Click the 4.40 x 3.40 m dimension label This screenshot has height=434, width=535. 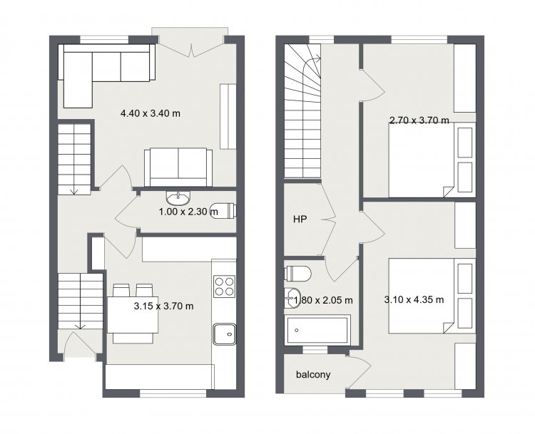(x=151, y=113)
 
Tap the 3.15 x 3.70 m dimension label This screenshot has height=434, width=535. (x=164, y=306)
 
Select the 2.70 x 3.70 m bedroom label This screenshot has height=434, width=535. (x=419, y=120)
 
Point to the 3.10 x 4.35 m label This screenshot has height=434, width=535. (x=414, y=300)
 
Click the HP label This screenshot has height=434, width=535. (x=300, y=219)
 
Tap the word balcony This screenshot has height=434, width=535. (x=313, y=375)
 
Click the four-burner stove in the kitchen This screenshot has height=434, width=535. (x=224, y=286)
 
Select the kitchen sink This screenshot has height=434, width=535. (x=225, y=334)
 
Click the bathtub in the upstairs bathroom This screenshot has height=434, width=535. (x=317, y=331)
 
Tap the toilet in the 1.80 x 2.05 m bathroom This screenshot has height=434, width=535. (x=297, y=274)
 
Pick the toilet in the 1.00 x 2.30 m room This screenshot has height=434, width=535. (x=224, y=210)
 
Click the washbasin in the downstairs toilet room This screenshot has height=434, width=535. (x=178, y=197)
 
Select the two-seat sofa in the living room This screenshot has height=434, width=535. (x=178, y=167)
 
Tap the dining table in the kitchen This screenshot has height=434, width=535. (x=133, y=314)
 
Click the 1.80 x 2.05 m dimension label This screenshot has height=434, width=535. (x=322, y=300)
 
